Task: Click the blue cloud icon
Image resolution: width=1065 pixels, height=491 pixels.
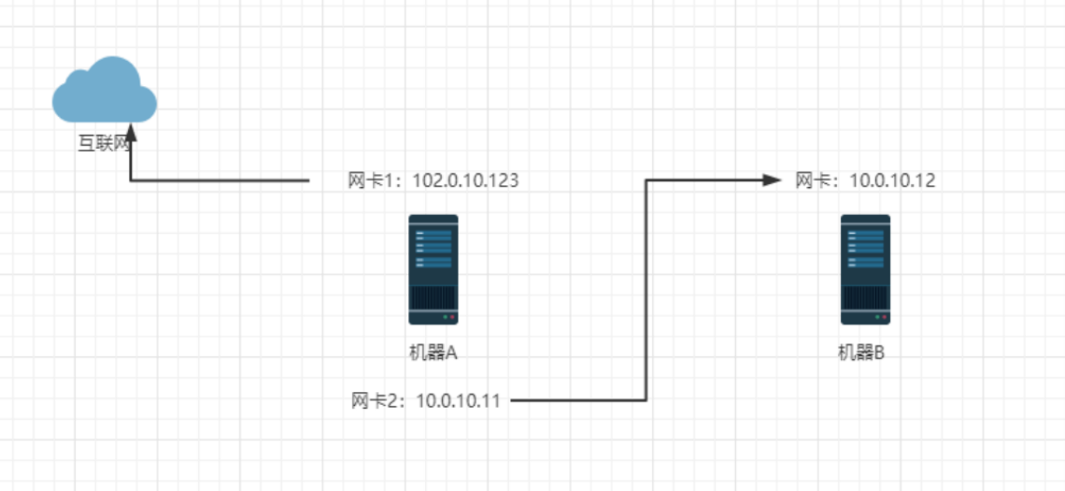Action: tap(104, 92)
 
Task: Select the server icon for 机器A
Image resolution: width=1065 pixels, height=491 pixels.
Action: tap(433, 269)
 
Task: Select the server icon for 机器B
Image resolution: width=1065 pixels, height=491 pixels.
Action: tap(865, 269)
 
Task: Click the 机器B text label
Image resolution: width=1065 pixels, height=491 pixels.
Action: tap(860, 353)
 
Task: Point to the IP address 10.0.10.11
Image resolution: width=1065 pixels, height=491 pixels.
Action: tap(458, 401)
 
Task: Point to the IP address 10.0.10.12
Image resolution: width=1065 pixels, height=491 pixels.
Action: tap(892, 181)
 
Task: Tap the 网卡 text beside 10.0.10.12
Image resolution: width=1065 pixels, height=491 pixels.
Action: tap(812, 181)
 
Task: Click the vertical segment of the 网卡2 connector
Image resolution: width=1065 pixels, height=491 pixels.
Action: tap(646, 290)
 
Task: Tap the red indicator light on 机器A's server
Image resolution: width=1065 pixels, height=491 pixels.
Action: tap(452, 318)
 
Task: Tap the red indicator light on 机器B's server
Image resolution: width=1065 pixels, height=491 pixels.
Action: tap(884, 318)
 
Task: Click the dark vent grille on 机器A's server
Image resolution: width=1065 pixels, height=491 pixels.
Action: tap(433, 298)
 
